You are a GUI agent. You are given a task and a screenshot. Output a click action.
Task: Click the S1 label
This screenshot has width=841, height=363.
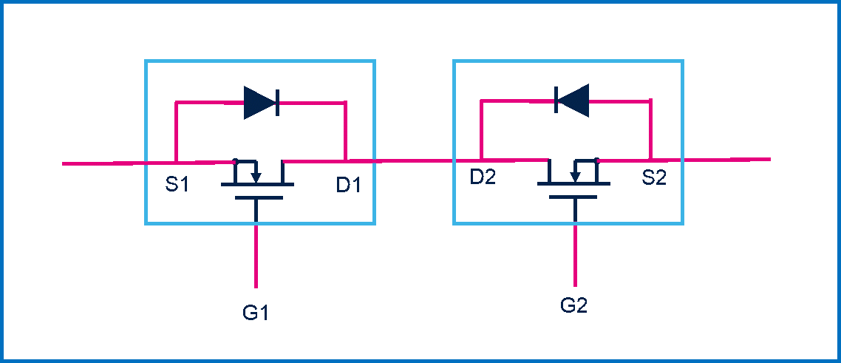pyautogui.click(x=177, y=184)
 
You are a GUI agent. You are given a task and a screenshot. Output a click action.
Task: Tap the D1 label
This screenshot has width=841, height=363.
pyautogui.click(x=349, y=185)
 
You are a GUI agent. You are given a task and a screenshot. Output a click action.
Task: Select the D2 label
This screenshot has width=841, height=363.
pyautogui.click(x=483, y=178)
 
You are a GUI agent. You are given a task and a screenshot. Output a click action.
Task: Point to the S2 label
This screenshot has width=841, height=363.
pyautogui.click(x=654, y=178)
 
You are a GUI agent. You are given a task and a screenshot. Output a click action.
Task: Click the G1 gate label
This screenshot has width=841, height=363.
pyautogui.click(x=256, y=313)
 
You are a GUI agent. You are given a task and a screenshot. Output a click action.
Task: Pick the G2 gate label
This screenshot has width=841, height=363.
pyautogui.click(x=573, y=305)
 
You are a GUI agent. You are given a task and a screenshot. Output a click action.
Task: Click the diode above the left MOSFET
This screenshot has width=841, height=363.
pyautogui.click(x=261, y=102)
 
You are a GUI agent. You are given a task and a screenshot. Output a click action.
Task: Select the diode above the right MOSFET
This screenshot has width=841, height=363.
pyautogui.click(x=572, y=100)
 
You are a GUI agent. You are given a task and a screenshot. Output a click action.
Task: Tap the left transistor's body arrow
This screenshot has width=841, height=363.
pyautogui.click(x=256, y=175)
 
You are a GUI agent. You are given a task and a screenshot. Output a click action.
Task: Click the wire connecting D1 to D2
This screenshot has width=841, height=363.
pyautogui.click(x=414, y=160)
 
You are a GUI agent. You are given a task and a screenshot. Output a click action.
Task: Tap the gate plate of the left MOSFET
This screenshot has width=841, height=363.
pyautogui.click(x=256, y=198)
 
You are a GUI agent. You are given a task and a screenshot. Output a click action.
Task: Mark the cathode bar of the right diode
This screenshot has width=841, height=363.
pyautogui.click(x=556, y=100)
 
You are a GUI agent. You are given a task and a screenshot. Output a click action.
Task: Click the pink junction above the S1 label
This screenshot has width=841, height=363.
pyautogui.click(x=175, y=161)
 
